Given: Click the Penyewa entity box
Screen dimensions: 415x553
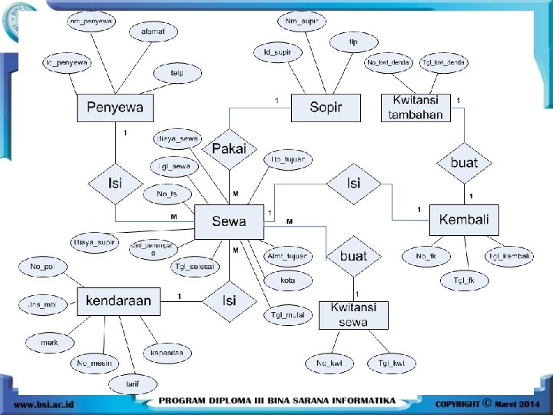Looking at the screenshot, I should (x=114, y=108).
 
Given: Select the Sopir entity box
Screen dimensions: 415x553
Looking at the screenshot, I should (x=325, y=108).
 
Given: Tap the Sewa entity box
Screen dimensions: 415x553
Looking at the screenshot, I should (x=229, y=221).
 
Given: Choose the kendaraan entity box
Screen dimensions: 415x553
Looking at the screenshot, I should (x=118, y=300).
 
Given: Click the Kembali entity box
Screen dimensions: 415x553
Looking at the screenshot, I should (x=464, y=220).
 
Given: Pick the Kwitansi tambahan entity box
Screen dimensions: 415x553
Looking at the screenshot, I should (x=416, y=108).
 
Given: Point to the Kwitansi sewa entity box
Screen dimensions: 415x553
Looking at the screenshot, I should (x=353, y=315).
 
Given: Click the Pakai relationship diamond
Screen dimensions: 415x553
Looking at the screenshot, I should (x=229, y=148).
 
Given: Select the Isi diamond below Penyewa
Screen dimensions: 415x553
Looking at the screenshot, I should (x=115, y=184).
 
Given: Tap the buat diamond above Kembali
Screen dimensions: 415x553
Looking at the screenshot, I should (x=464, y=163).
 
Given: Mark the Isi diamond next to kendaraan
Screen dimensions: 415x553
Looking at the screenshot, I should (x=229, y=300).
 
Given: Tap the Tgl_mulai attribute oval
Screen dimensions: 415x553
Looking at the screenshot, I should (x=288, y=314).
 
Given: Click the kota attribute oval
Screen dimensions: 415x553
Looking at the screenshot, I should (x=288, y=281).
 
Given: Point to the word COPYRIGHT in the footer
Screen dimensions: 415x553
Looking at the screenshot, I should (x=457, y=403).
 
